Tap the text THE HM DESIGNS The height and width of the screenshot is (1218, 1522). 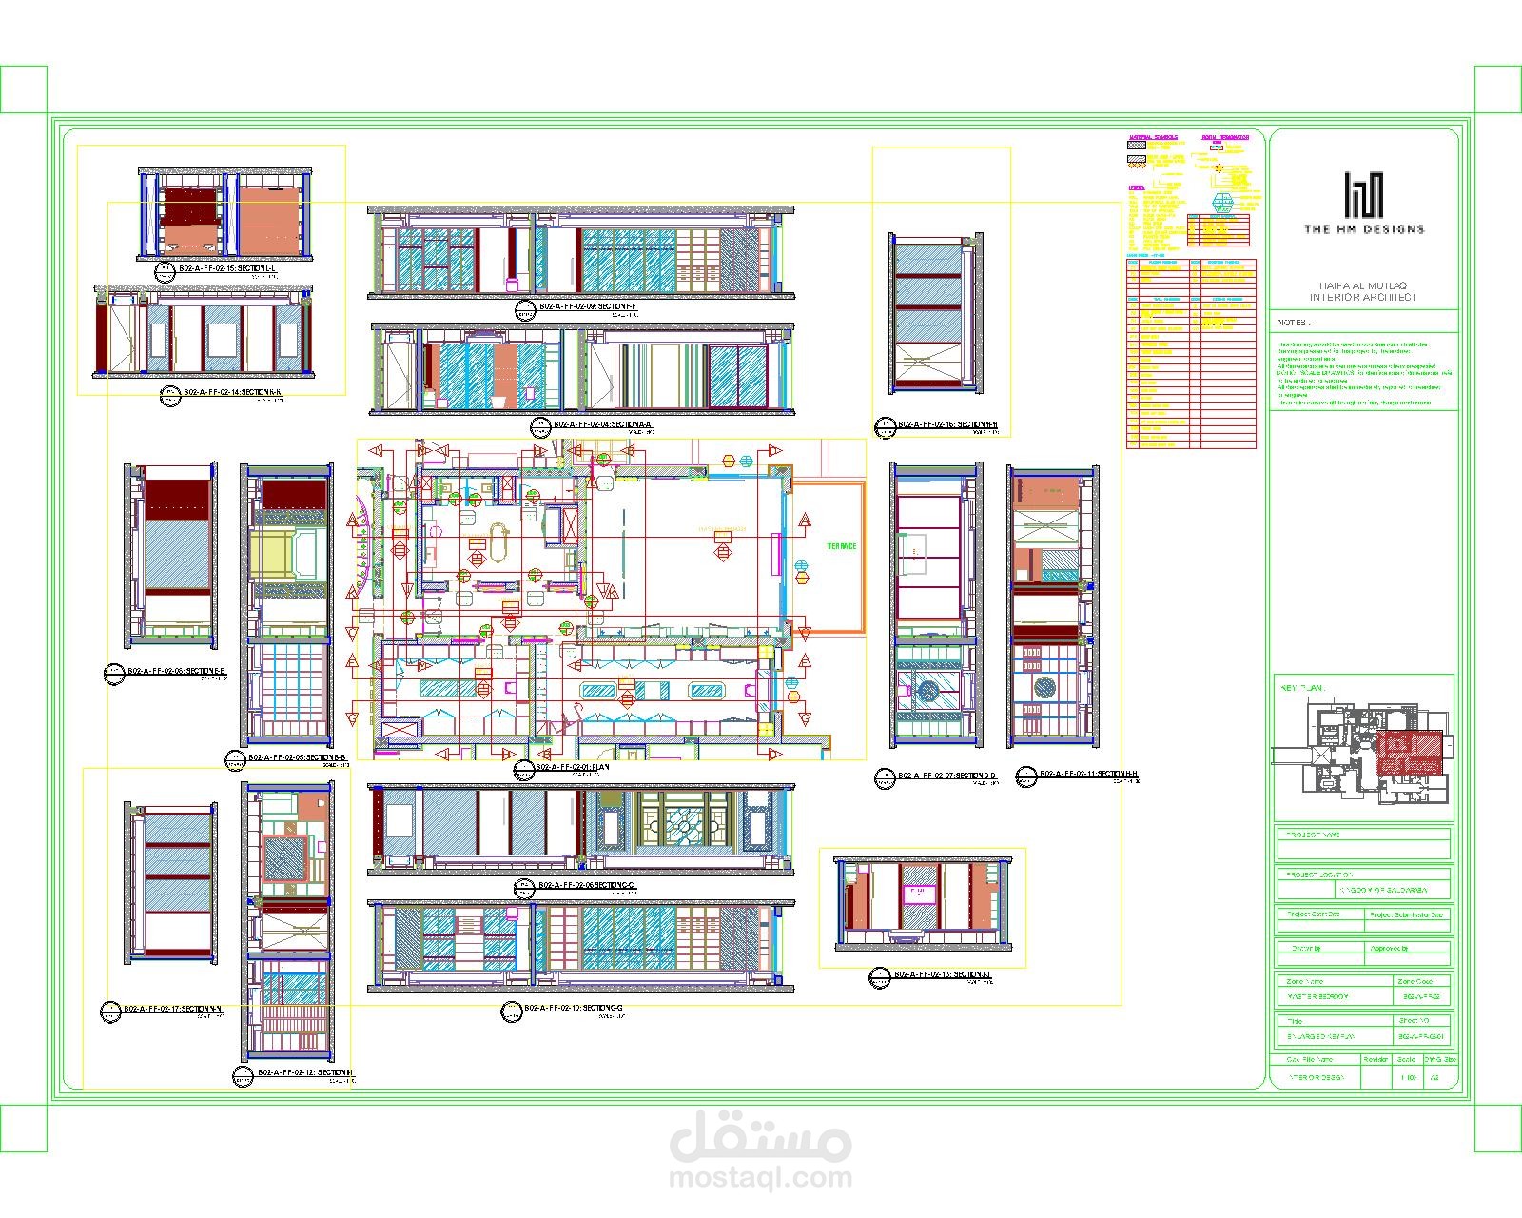pos(1364,229)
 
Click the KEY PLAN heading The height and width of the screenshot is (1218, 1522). pos(1303,687)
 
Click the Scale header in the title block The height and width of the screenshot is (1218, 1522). pos(1407,1059)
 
